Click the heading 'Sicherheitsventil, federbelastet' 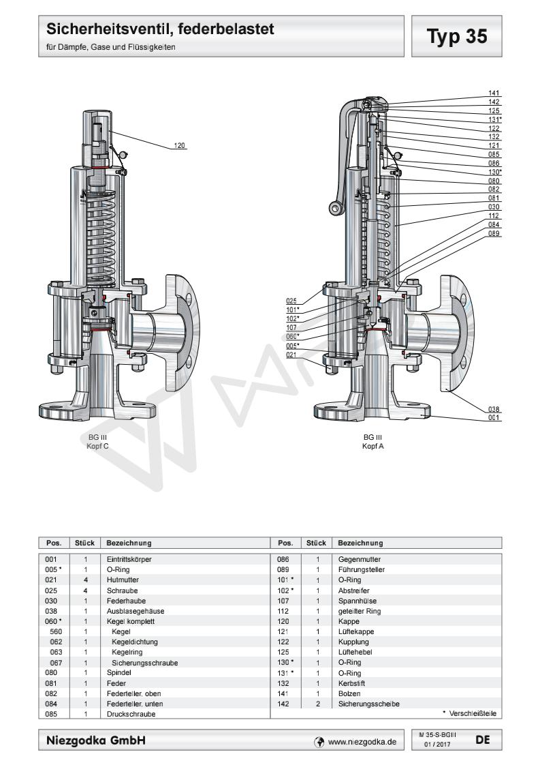(160, 29)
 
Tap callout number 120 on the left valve (180, 145)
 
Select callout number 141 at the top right (494, 93)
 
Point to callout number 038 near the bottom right (494, 409)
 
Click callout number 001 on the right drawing (494, 418)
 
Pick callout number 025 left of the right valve (293, 301)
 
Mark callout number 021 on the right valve (293, 354)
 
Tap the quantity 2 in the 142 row (317, 704)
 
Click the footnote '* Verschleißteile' (469, 714)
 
